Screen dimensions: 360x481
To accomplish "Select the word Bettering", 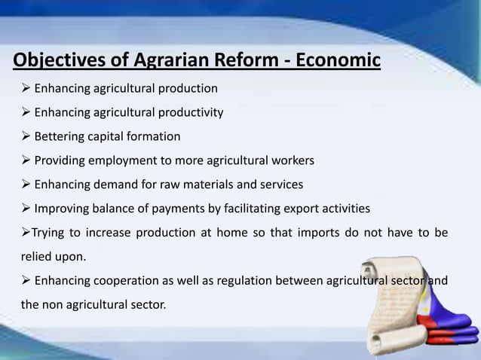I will point(60,137).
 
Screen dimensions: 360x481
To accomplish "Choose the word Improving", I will point(62,209).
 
